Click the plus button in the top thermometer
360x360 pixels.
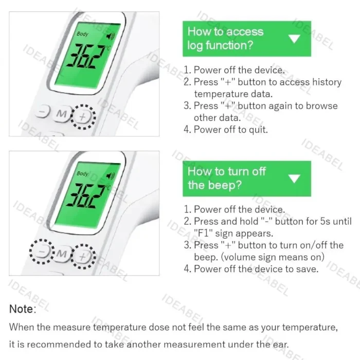coord(83,116)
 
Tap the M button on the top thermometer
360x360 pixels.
coord(61,114)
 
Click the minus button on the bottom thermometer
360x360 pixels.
coord(43,252)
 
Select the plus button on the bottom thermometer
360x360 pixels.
coord(84,256)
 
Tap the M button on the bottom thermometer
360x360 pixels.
coord(62,254)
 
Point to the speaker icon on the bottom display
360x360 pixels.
coord(110,176)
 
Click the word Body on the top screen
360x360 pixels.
coord(82,34)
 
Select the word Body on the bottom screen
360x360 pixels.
coord(82,173)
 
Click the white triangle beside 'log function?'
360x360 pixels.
coord(294,39)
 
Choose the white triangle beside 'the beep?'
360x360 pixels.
coord(294,178)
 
